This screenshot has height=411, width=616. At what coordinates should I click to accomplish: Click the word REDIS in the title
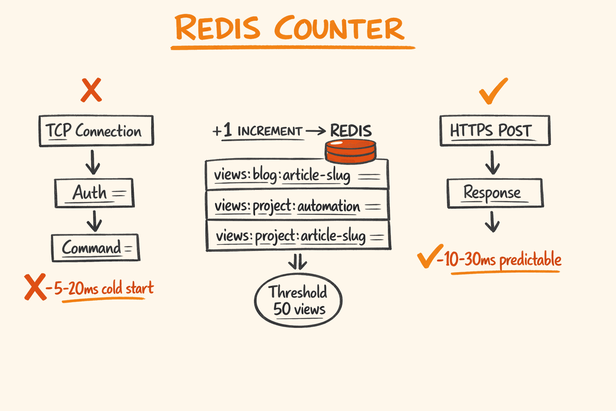pyautogui.click(x=218, y=28)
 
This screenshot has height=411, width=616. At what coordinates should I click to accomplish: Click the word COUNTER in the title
pyautogui.click(x=339, y=29)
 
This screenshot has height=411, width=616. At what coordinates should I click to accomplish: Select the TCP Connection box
pyautogui.click(x=96, y=131)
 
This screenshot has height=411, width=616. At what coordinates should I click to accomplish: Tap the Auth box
pyautogui.click(x=94, y=193)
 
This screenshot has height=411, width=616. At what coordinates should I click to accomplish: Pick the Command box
pyautogui.click(x=95, y=248)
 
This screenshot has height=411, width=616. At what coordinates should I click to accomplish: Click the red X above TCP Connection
pyautogui.click(x=91, y=90)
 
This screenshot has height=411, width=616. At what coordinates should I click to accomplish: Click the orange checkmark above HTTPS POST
pyautogui.click(x=493, y=91)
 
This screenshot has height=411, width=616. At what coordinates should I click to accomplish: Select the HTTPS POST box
pyautogui.click(x=495, y=131)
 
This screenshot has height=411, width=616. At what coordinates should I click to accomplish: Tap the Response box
pyautogui.click(x=495, y=193)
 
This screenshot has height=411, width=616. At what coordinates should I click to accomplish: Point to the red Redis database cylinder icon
pyautogui.click(x=350, y=151)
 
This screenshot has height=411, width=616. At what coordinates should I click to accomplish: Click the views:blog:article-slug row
pyautogui.click(x=297, y=175)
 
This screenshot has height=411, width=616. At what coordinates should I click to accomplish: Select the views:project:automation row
pyautogui.click(x=297, y=206)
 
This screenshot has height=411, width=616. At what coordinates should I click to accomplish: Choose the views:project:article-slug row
pyautogui.click(x=298, y=236)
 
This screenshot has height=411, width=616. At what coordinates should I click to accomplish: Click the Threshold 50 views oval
pyautogui.click(x=298, y=301)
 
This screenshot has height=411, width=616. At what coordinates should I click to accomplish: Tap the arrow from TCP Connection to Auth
pyautogui.click(x=93, y=162)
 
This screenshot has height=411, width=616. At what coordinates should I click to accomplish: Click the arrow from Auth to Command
pyautogui.click(x=95, y=221)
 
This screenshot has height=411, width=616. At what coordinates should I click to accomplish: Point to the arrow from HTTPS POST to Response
pyautogui.click(x=492, y=162)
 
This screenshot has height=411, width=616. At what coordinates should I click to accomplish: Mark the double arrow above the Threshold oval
pyautogui.click(x=298, y=262)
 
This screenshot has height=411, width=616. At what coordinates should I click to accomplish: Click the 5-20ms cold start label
pyautogui.click(x=103, y=289)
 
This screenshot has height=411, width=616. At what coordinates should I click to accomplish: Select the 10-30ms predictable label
pyautogui.click(x=502, y=260)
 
